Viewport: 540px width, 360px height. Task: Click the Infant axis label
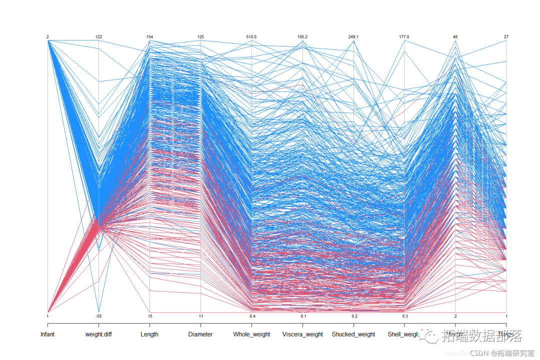[47, 334]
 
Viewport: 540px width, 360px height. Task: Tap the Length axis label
[149, 334]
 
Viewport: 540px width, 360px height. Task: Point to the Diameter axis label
[200, 334]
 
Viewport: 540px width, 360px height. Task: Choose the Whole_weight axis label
[251, 334]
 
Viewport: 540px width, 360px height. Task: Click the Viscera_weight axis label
[302, 334]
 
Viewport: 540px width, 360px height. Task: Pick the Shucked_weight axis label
[353, 334]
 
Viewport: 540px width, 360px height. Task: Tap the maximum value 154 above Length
[149, 37]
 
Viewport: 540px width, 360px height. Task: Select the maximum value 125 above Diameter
[200, 37]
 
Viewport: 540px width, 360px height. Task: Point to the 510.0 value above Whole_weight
[251, 37]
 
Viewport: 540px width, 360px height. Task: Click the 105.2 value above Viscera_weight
[302, 37]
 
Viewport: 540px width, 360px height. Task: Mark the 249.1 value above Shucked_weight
[353, 37]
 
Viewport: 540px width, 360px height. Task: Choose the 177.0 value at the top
[404, 37]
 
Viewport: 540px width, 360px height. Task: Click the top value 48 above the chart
[455, 37]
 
